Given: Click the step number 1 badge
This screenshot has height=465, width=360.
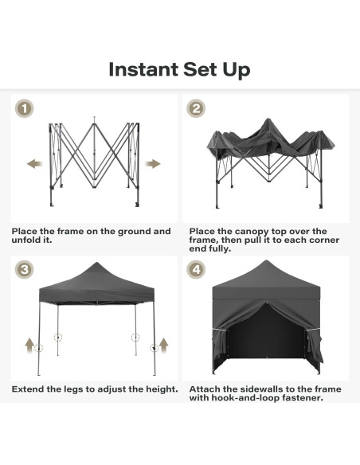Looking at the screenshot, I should point(25,109).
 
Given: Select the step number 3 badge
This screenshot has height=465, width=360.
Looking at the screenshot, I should point(25,270).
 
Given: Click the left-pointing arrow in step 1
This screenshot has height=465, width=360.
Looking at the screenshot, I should point(34,163).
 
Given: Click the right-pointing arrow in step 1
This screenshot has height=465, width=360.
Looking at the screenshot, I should point(152,163).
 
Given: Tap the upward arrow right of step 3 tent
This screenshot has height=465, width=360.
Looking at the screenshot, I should point(165,345).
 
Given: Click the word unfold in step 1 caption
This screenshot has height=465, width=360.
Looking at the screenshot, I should point(29,240).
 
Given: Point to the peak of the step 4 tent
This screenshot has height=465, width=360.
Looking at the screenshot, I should point(268,261).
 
